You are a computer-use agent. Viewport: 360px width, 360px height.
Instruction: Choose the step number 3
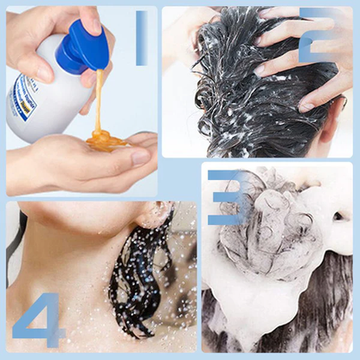click(227, 197)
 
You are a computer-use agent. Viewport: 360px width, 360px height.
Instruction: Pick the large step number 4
click(38, 320)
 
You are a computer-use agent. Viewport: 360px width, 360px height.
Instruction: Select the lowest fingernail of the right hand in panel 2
click(306, 106)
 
